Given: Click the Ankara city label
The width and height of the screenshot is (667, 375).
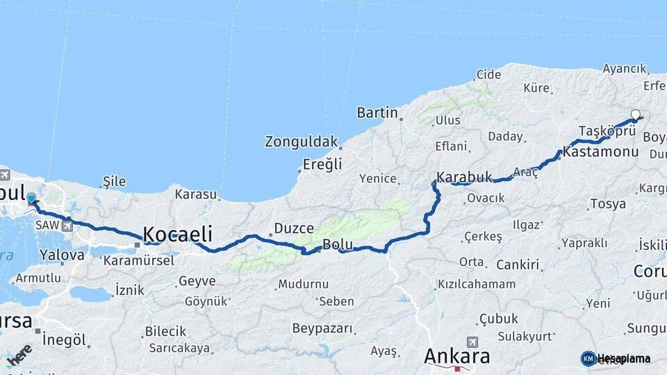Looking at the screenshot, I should [456, 356].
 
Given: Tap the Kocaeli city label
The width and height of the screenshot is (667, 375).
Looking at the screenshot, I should [177, 234].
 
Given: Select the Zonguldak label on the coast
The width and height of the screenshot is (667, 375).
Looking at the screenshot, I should [301, 142].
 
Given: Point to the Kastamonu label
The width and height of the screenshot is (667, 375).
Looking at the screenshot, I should [601, 151].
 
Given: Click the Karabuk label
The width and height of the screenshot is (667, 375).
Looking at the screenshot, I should [465, 177].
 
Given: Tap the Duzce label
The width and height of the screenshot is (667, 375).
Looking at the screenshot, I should [294, 228].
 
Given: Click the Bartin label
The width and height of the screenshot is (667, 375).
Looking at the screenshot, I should [377, 112].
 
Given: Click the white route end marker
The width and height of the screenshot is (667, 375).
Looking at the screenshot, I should [635, 115].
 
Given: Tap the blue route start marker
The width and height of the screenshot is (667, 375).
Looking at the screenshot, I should [31, 198].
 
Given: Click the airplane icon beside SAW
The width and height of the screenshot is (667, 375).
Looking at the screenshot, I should [67, 226].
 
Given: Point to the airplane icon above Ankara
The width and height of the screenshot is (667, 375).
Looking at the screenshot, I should [473, 342].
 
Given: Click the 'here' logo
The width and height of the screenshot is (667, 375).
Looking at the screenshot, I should [19, 355].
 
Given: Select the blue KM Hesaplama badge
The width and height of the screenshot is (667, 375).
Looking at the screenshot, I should [588, 358].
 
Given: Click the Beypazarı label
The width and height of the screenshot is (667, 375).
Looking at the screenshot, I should [322, 328].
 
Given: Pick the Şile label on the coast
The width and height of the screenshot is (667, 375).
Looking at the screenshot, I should [114, 181].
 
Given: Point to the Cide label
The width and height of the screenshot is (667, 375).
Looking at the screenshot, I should [488, 74].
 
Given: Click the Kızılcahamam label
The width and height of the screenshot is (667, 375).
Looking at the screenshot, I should [476, 284].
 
